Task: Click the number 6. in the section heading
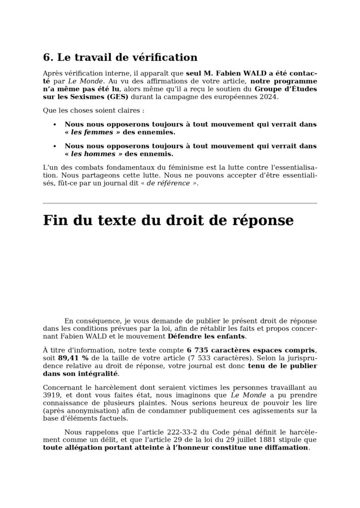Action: (x=48, y=58)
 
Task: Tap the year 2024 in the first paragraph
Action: (x=268, y=97)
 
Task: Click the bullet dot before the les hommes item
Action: (x=55, y=147)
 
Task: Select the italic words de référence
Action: (x=168, y=184)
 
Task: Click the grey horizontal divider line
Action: (x=180, y=203)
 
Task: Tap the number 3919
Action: (x=51, y=395)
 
